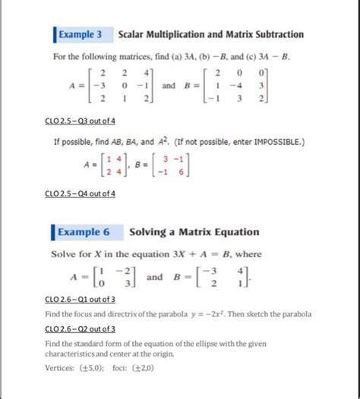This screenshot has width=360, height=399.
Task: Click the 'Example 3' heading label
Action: point(80,34)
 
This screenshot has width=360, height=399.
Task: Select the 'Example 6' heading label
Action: point(85,232)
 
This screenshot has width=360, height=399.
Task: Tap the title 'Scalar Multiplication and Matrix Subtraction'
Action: point(210,34)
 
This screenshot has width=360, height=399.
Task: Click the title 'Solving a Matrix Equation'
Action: point(194,232)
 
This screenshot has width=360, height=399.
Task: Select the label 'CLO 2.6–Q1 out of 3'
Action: point(81,299)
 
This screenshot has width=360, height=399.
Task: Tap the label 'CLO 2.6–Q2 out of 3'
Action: point(81,328)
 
